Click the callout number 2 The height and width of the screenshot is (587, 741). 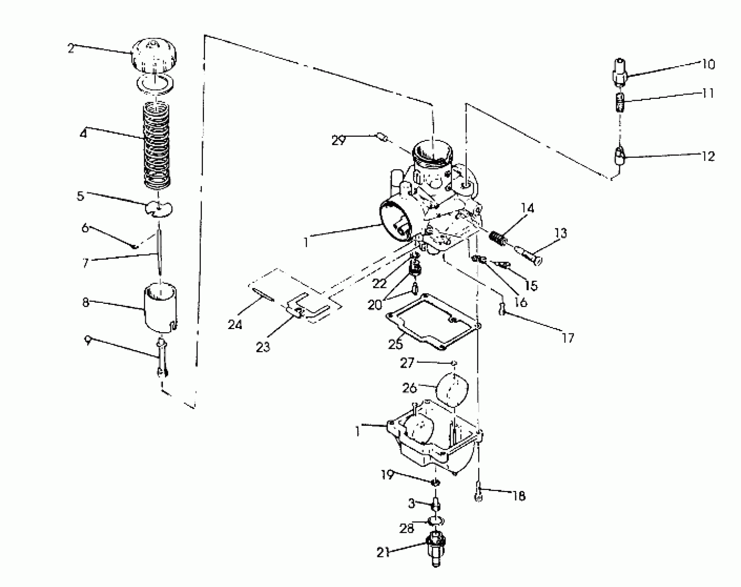pos(71,49)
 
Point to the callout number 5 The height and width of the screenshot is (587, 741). pos(80,196)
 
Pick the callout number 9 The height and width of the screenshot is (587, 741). pos(88,341)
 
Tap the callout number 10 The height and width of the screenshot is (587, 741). pos(708,65)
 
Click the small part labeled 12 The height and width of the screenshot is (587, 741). pos(620,157)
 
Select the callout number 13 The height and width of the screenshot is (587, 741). pos(561,233)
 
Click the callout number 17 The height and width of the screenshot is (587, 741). pos(568,338)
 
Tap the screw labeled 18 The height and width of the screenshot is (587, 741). pos(478,492)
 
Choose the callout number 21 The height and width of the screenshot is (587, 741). pos(383,553)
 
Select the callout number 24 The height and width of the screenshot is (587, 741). pos(235,325)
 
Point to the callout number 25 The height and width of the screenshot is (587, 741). pos(396,344)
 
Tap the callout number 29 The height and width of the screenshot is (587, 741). pos(339,140)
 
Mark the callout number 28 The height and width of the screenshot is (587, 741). pos(406,528)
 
